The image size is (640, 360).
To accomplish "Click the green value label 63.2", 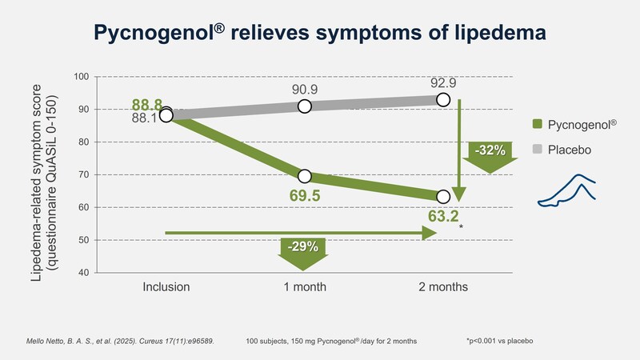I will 442,215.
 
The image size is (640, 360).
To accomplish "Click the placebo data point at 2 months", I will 443,100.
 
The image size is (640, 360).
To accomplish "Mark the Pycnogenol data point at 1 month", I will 304,176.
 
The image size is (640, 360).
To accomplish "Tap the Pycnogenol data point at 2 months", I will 443,196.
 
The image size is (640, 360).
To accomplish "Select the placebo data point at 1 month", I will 304,106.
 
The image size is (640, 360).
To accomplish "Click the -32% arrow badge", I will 490,154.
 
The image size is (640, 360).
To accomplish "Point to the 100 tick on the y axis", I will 81,77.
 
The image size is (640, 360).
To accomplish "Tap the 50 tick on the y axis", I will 83,240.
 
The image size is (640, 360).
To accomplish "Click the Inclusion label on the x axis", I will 166,286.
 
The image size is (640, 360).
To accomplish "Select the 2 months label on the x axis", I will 442,286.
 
